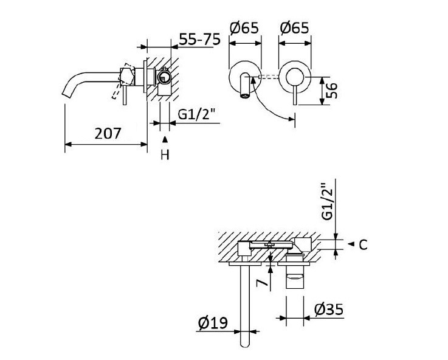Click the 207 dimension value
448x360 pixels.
pos(108,133)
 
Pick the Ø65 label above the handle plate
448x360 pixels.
pos(294,28)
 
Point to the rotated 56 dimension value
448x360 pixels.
pos(331,91)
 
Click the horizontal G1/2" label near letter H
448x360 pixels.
pos(198,114)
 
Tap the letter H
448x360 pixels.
pos(164,156)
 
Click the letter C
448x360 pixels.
pos(362,245)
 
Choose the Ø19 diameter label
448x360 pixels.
pos(213,324)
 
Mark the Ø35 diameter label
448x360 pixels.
pos(328,310)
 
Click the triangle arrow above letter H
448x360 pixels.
pos(164,140)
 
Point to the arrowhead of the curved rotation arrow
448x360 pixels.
pos(291,119)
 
